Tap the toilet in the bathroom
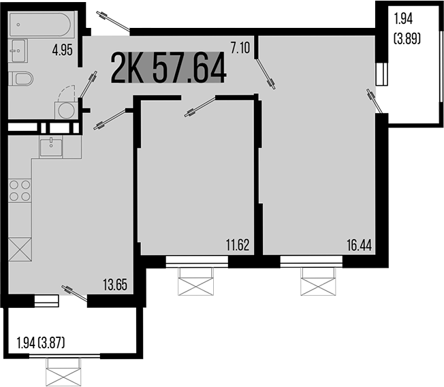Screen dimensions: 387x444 pyautogui.click(x=21, y=78)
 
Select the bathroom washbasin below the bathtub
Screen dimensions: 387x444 pyautogui.click(x=18, y=50)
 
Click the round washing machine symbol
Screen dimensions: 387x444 pyautogui.click(x=65, y=110)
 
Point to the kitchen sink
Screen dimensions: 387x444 pyautogui.click(x=51, y=146)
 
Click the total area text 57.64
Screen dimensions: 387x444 pyautogui.click(x=189, y=67)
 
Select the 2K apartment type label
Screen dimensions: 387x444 pyautogui.click(x=129, y=67)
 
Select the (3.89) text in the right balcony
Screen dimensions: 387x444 pyautogui.click(x=407, y=40)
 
